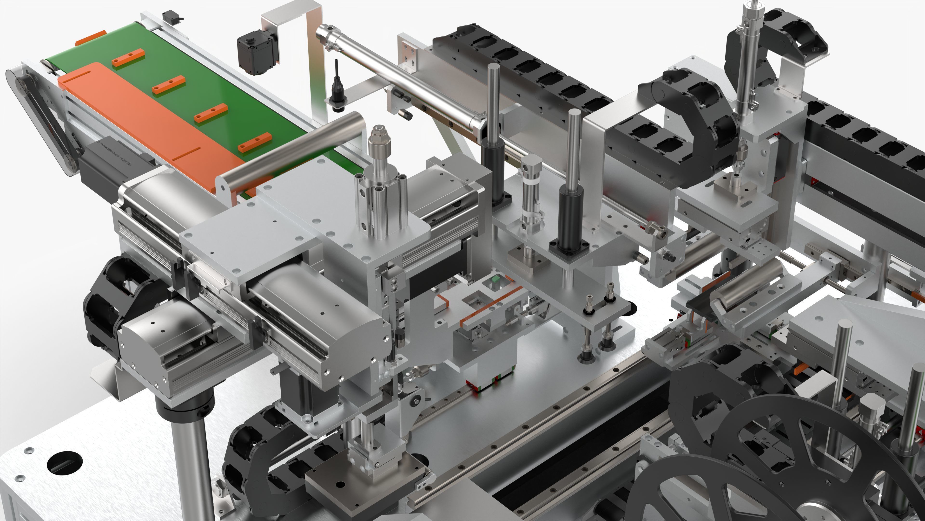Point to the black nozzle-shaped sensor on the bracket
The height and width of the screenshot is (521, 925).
337,86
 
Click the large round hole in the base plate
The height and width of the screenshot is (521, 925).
65,462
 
